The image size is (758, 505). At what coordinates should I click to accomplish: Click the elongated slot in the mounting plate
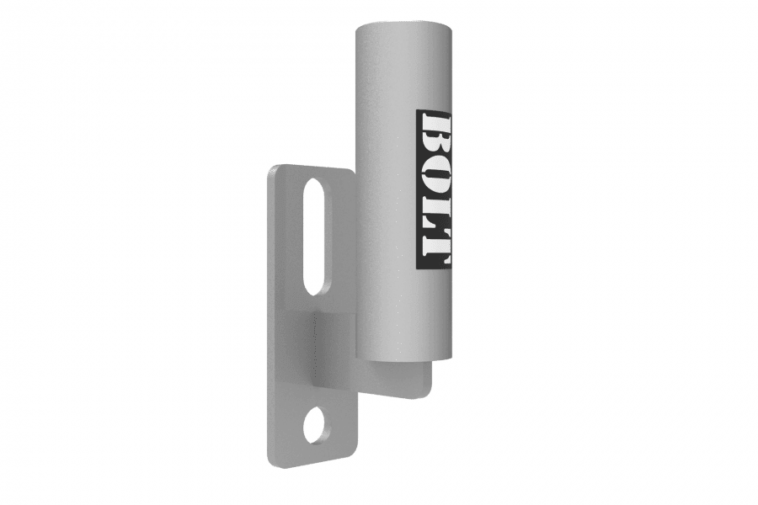click(x=313, y=236)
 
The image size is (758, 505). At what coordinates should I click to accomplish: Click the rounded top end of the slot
click(x=313, y=183)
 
